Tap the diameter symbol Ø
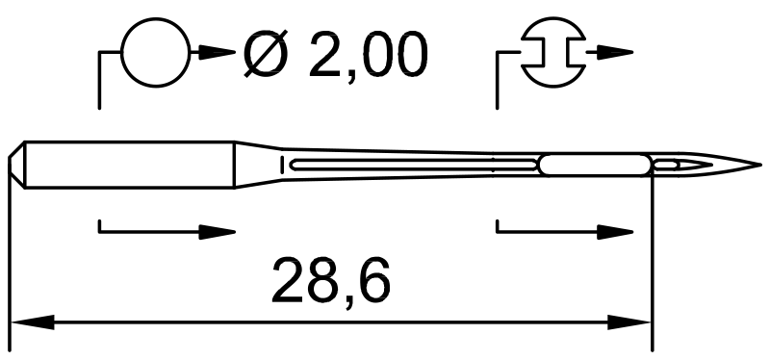[266, 54]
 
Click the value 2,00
[369, 56]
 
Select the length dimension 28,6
[331, 281]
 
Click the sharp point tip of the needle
[760, 165]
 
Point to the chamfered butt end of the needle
[16, 165]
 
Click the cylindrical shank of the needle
[130, 165]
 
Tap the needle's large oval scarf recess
[595, 165]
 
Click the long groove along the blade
[414, 165]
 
